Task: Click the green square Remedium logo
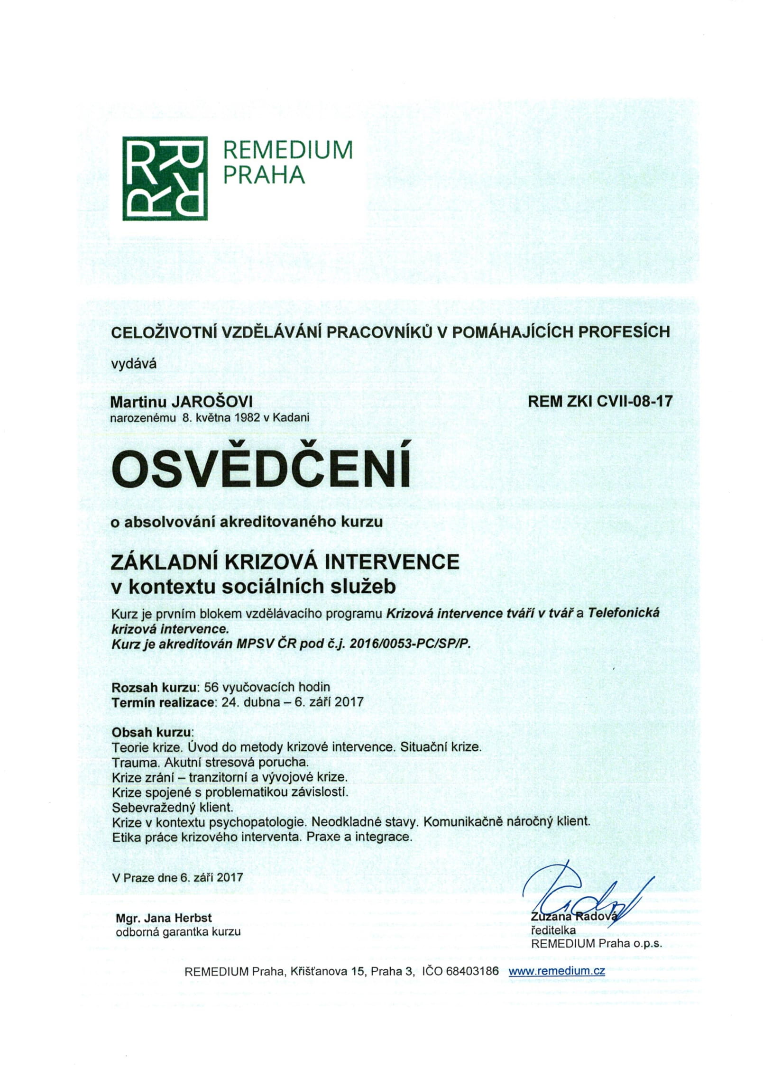coord(165,178)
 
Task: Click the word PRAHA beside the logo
coord(264,175)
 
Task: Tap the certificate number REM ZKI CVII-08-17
coord(600,402)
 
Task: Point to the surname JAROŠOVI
coord(211,402)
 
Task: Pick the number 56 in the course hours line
coord(211,687)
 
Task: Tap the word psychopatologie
coord(255,822)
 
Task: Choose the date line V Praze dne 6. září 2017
coord(177,877)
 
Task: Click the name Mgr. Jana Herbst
coord(164,918)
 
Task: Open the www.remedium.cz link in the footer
coord(557,971)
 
